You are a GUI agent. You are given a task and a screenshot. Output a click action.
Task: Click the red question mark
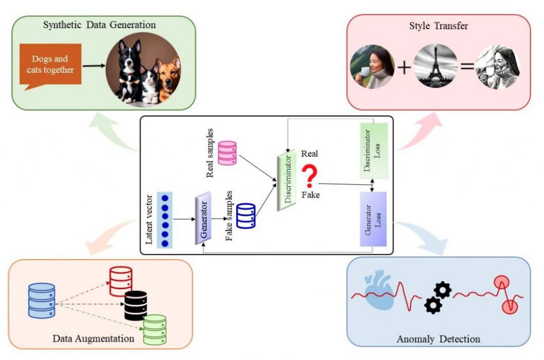click(x=309, y=175)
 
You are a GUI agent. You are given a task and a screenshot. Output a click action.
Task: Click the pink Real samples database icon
click(x=227, y=152)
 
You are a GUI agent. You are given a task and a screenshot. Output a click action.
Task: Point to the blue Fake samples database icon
click(x=246, y=216)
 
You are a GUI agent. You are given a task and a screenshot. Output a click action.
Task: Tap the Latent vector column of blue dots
click(x=165, y=218)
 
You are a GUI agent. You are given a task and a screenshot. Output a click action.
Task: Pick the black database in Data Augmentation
click(x=135, y=305)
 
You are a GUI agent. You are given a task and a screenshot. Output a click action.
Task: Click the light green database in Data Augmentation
click(x=155, y=330)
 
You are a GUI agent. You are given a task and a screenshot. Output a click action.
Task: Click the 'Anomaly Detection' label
click(x=438, y=339)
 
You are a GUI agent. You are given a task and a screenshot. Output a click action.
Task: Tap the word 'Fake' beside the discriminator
click(x=310, y=195)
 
